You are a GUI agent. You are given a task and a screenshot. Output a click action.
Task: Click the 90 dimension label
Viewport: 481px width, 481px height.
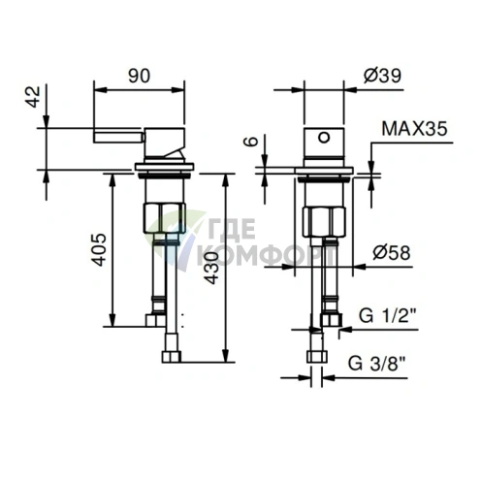pos(139,76)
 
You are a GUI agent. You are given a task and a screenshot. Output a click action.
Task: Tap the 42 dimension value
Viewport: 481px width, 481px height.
pos(33,97)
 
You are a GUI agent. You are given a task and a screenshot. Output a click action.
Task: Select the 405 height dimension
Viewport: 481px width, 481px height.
pos(99,249)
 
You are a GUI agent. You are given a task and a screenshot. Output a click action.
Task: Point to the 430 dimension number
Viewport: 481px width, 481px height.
pos(212,268)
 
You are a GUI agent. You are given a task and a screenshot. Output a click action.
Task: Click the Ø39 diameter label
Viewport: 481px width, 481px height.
pos(382,76)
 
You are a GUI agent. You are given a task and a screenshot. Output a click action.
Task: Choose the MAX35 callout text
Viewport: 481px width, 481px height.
pos(415,129)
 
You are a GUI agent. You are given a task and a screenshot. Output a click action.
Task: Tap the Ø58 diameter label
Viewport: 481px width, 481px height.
pos(392,252)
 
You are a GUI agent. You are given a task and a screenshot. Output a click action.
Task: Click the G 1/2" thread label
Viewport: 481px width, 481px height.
pos(387,315)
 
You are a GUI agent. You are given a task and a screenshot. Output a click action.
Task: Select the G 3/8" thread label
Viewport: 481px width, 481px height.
pos(376,363)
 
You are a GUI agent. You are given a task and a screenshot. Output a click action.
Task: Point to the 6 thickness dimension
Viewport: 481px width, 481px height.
pos(252,142)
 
